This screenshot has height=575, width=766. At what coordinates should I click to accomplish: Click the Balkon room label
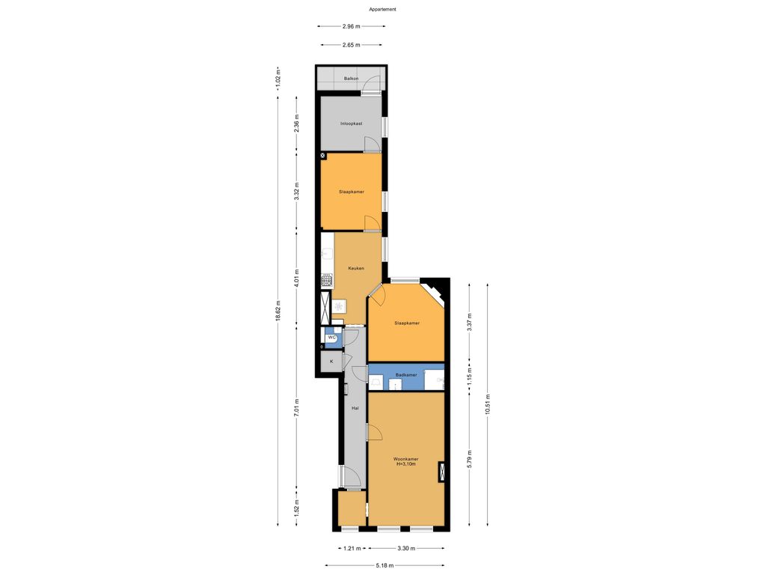[x=350, y=79]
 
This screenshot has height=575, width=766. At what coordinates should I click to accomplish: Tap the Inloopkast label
[x=351, y=123]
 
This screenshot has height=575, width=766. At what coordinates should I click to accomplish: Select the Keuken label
[x=356, y=267]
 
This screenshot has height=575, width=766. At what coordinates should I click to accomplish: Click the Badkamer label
[x=405, y=374]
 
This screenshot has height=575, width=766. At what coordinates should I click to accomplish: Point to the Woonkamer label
[x=405, y=459]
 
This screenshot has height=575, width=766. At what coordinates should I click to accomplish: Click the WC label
[x=331, y=338]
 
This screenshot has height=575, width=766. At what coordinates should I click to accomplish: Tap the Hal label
[x=356, y=408]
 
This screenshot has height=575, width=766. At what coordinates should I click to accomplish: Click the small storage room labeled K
[x=331, y=362]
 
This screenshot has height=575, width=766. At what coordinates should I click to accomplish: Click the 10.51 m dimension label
[x=487, y=404]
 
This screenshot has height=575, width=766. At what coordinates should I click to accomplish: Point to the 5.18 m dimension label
[x=384, y=566]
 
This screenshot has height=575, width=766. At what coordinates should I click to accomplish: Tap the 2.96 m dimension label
[x=352, y=26]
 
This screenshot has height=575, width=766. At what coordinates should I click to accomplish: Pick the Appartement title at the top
[x=382, y=9]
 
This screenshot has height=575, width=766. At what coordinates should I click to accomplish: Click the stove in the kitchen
[x=327, y=281]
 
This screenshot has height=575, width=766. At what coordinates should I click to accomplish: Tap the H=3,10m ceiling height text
[x=405, y=464]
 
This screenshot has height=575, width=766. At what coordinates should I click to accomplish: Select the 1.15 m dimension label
[x=469, y=374]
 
